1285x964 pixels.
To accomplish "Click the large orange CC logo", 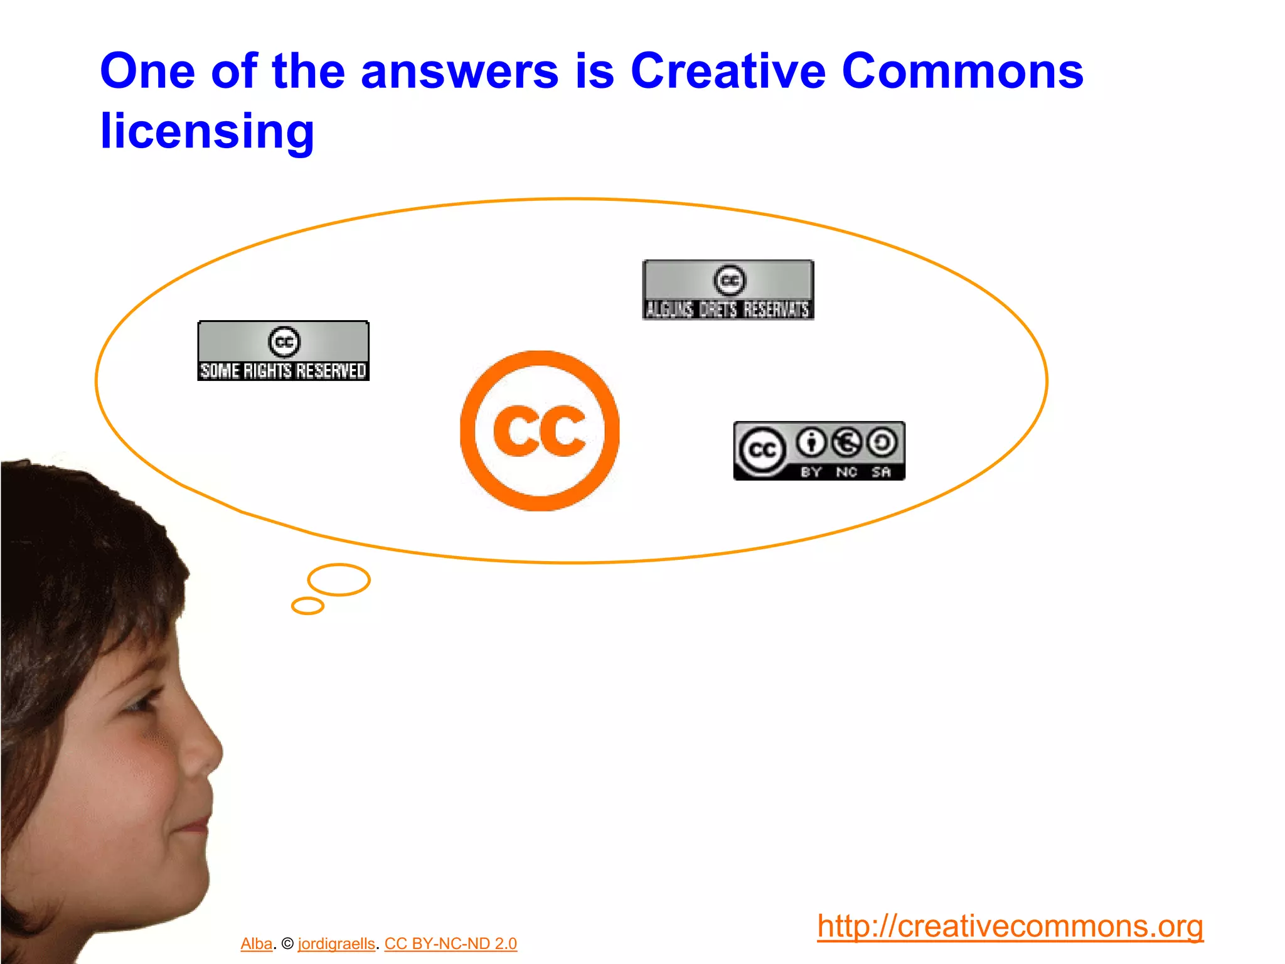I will click(540, 431).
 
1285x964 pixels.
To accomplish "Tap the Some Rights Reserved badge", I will click(284, 351).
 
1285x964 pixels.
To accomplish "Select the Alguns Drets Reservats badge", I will click(728, 290).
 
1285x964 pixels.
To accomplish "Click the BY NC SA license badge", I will click(819, 451).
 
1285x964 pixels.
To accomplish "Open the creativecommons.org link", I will click(1010, 926).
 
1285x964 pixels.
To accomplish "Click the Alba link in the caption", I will click(256, 944).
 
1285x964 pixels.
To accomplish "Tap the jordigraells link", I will click(336, 944).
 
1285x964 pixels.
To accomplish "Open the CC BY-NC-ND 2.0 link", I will click(451, 944).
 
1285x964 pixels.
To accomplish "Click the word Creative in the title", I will click(728, 71).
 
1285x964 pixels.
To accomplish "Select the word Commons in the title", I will click(962, 71).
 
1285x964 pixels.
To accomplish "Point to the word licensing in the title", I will click(207, 132).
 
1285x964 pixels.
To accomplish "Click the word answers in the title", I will click(459, 71).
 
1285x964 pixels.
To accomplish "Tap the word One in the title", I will click(148, 71).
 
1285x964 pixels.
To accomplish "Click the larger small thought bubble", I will click(339, 579).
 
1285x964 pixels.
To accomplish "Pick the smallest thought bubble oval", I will click(307, 606).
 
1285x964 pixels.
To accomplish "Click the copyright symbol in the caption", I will click(287, 944).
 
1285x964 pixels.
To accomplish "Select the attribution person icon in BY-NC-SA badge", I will click(812, 442).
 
